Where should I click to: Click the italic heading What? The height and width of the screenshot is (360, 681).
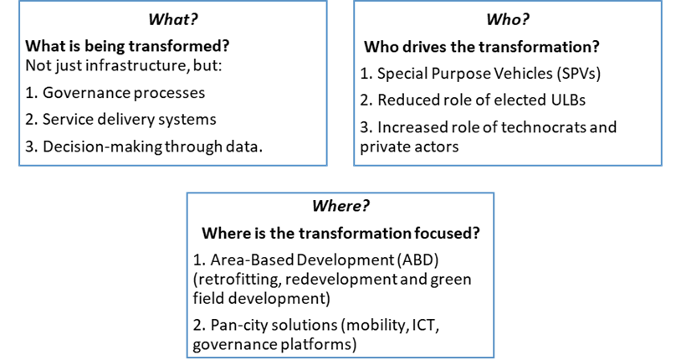[172, 17]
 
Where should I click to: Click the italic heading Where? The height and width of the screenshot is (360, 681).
[340, 206]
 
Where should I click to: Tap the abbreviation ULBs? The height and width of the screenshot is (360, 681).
[563, 100]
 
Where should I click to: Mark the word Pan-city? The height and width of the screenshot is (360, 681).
[234, 323]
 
